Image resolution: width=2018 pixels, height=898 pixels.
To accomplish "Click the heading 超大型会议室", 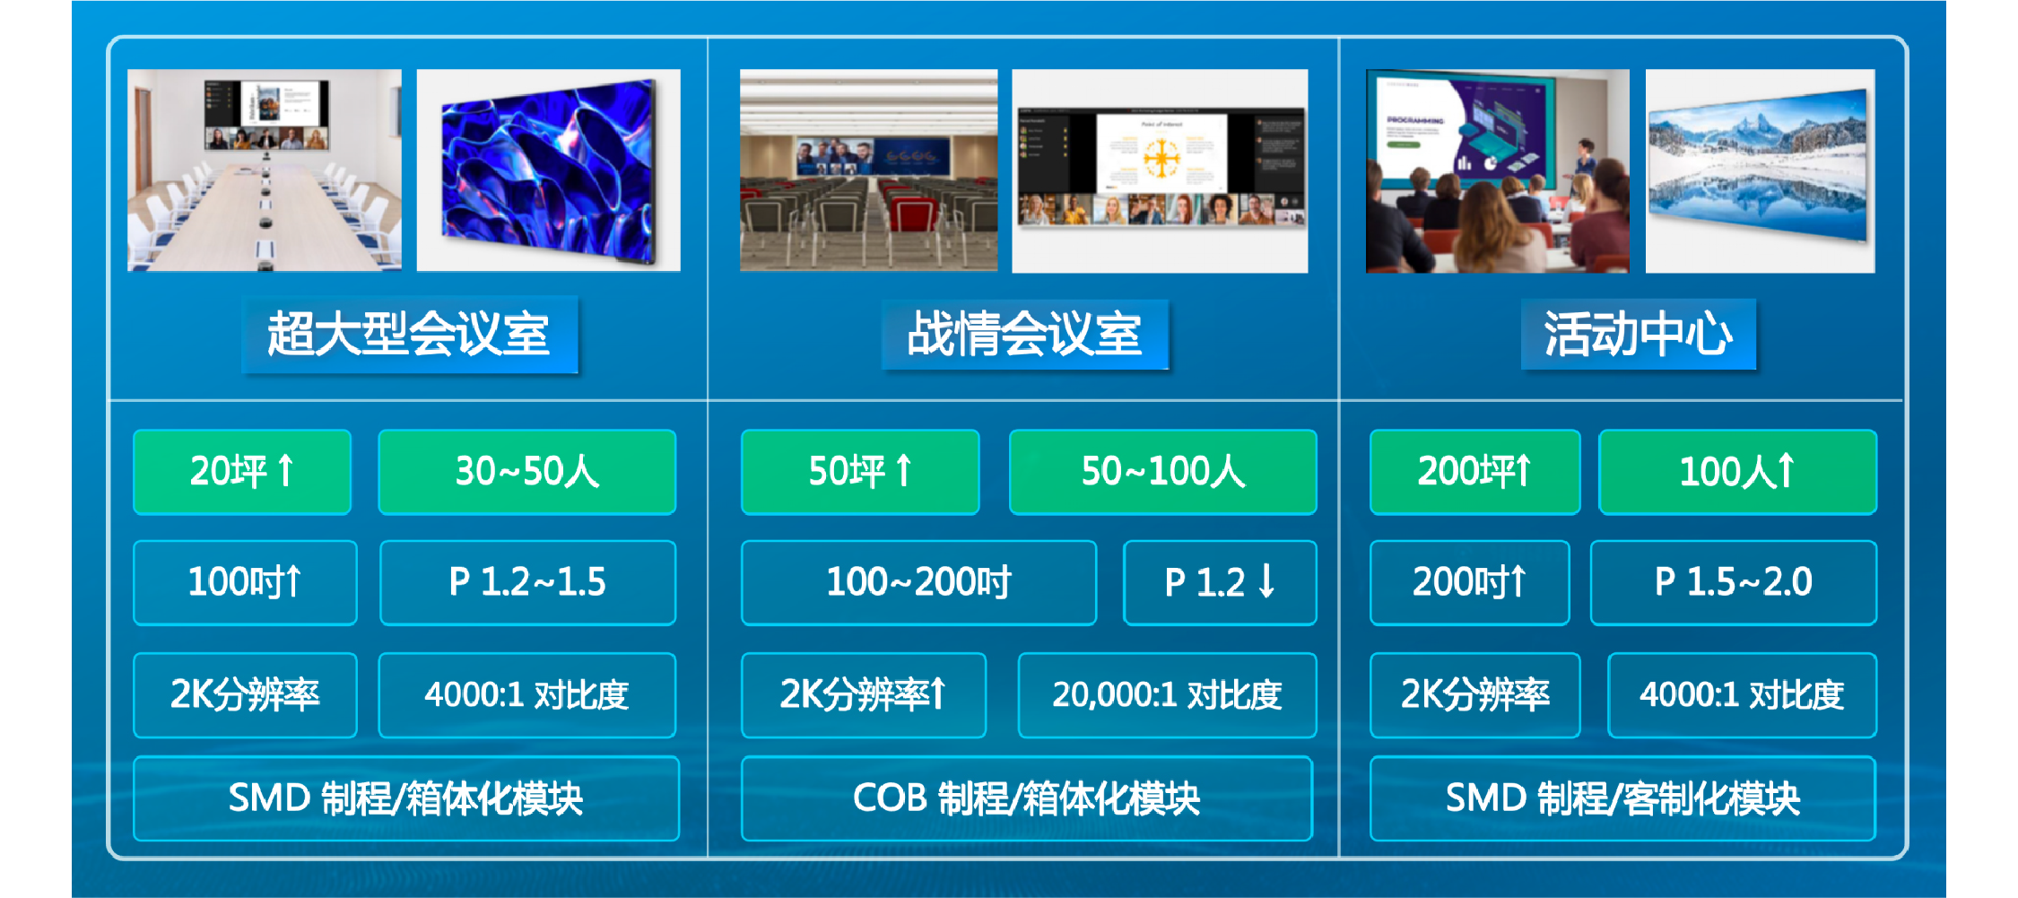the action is pos(409,334).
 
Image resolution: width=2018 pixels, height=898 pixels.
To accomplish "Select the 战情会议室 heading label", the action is pos(1024,334).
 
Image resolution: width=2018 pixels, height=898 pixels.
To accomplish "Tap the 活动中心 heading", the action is pos(1638,334).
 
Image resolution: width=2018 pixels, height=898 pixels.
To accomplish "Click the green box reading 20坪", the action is pos(242,472).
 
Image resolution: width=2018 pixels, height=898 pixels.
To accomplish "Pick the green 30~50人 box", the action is pos(527,472).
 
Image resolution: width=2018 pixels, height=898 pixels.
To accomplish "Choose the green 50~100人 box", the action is pos(1162,472).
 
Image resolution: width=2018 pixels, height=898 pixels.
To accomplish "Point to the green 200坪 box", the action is pos(1474,472).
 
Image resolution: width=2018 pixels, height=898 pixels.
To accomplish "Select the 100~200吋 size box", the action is pos(918,583).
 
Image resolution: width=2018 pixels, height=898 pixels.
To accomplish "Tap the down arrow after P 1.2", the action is pos(1266,580).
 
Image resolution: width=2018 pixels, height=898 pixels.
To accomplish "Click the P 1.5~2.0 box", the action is pos(1733,583).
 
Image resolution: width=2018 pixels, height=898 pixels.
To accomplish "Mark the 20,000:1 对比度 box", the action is pos(1167,695).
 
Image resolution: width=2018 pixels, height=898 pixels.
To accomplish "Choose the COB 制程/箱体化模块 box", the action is pos(1027,798).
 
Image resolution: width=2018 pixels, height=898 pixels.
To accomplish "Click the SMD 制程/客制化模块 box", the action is pos(1622,798).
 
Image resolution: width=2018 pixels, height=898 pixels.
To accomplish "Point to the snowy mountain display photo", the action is pos(1760,170).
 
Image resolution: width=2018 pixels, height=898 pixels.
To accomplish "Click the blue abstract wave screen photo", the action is pos(548,170).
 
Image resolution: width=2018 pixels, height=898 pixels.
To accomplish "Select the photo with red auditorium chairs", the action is pos(868,170).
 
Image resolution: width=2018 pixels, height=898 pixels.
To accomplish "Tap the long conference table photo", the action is pos(265,170).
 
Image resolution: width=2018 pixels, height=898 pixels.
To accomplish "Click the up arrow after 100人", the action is pos(1785,469).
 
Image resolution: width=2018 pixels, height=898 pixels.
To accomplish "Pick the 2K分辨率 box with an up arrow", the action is pos(864,695).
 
